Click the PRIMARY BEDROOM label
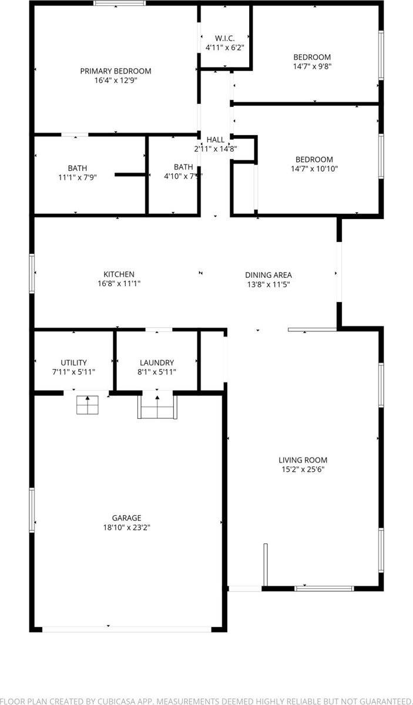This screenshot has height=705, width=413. coord(115,71)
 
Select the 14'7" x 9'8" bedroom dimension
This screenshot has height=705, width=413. coord(312,67)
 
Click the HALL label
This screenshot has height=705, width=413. coord(215,140)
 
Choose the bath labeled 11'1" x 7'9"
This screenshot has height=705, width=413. coord(77,177)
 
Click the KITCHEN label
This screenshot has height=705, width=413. coord(119,274)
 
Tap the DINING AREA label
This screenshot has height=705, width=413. coord(268,275)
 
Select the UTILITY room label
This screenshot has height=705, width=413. coord(73,362)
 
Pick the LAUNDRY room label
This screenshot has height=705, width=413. coord(156,362)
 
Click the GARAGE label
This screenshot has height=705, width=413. coord(127,518)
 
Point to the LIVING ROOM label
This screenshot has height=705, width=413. coord(303,460)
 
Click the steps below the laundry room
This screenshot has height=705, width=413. coord(157,407)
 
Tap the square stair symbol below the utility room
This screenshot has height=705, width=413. coord(88,405)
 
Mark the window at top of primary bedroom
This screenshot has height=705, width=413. coord(120,4)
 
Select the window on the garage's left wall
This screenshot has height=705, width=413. coord(32,510)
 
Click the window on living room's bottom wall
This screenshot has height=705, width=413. coord(324,587)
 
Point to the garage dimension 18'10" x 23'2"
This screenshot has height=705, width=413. coord(127,528)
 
